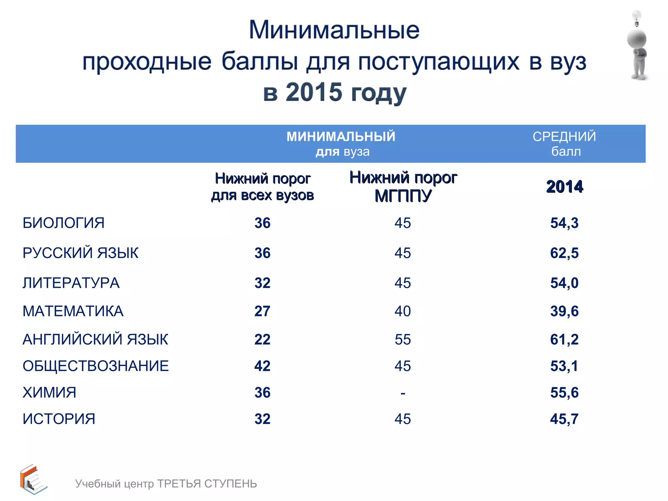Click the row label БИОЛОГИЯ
(64, 223)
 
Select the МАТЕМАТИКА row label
(73, 311)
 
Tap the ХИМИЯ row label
(49, 392)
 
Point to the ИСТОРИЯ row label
(59, 419)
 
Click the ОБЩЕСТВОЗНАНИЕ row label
(96, 366)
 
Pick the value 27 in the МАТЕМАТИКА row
(262, 311)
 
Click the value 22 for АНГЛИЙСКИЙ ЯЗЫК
(262, 340)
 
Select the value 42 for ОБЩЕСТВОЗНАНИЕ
(262, 366)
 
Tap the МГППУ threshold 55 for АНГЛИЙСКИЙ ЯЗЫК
(402, 340)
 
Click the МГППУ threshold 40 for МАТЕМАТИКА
(402, 311)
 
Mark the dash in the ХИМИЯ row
(403, 393)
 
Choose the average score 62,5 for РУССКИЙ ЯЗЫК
(564, 253)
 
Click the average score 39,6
(564, 311)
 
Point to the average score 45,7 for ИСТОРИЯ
(564, 419)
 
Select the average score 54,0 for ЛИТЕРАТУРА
(564, 283)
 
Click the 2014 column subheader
(565, 187)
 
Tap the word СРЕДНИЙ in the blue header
(564, 137)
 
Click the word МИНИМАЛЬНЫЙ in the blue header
(341, 137)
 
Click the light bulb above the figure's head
(636, 18)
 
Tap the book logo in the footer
(33, 479)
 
